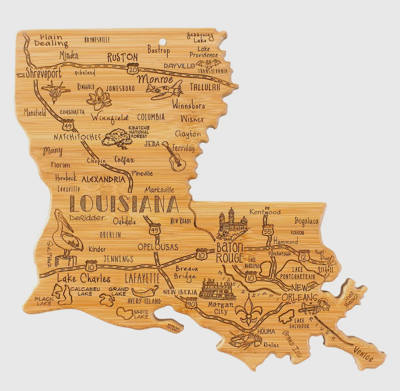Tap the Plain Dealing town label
pos(51,40)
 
